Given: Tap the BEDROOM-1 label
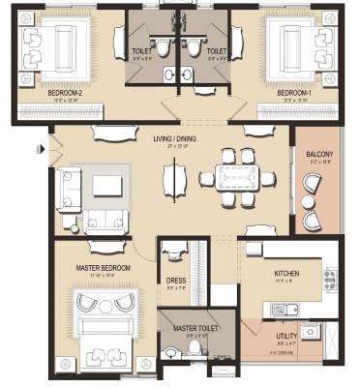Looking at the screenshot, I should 295,94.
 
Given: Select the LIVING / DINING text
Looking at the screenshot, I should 175,138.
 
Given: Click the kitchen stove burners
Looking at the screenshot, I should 330,279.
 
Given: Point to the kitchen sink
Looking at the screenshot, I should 280,310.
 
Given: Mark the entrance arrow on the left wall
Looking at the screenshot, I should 40,149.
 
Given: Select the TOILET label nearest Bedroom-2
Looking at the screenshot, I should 141,50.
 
